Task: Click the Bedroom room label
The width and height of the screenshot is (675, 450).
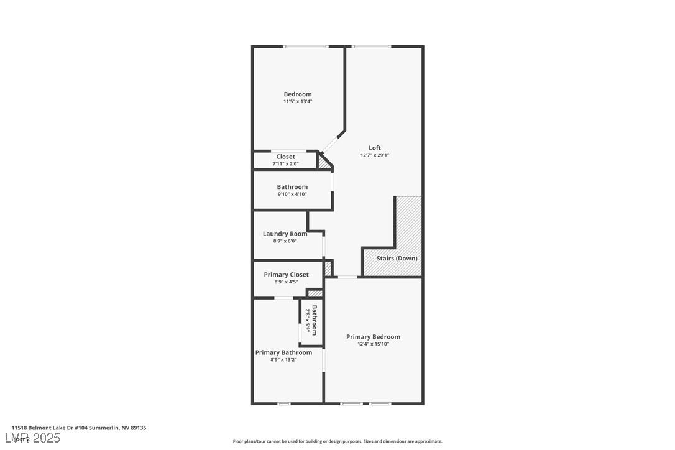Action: pos(298,94)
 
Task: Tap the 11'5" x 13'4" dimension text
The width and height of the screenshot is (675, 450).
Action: pos(298,101)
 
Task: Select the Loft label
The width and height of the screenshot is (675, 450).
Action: pos(375,148)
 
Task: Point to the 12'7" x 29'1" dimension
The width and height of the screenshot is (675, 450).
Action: pos(375,155)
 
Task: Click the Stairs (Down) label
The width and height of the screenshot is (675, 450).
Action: pos(397,258)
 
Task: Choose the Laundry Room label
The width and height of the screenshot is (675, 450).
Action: pos(285,234)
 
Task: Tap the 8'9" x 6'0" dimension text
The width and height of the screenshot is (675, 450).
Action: pos(285,241)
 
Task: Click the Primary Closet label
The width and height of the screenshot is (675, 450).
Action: pos(286,275)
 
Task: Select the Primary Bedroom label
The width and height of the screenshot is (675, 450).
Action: pos(373,337)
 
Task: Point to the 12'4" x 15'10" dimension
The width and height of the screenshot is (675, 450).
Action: pos(373,344)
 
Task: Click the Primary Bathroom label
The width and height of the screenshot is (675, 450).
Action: pos(283,352)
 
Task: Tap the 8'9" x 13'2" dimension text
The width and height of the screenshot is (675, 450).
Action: pos(283,359)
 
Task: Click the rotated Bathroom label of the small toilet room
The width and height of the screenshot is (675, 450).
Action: pos(315,319)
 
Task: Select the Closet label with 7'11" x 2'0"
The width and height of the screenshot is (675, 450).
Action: pos(285,157)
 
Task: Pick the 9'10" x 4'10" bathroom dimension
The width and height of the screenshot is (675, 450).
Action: pos(292,194)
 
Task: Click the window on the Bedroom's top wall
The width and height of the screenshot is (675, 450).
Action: pos(305,47)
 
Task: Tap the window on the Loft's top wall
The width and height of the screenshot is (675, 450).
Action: pos(371,47)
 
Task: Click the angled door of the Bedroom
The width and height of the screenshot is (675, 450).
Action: pos(331,142)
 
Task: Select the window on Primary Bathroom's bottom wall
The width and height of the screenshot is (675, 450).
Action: pos(283,403)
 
